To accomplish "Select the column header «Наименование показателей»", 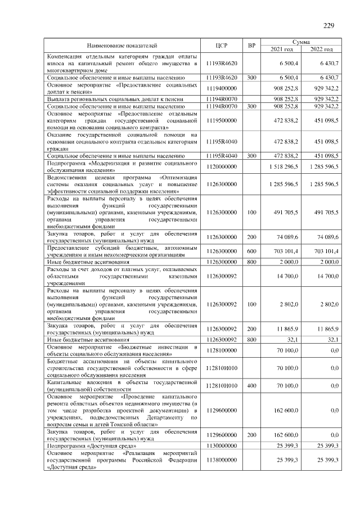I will [122, 44].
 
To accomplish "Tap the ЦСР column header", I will [221, 44].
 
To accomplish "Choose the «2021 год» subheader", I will [282, 49].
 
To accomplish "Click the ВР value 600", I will [251, 251].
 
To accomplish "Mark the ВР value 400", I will [251, 385].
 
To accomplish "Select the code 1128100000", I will [221, 350].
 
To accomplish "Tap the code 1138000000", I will [221, 460].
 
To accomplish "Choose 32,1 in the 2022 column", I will [332, 340].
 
